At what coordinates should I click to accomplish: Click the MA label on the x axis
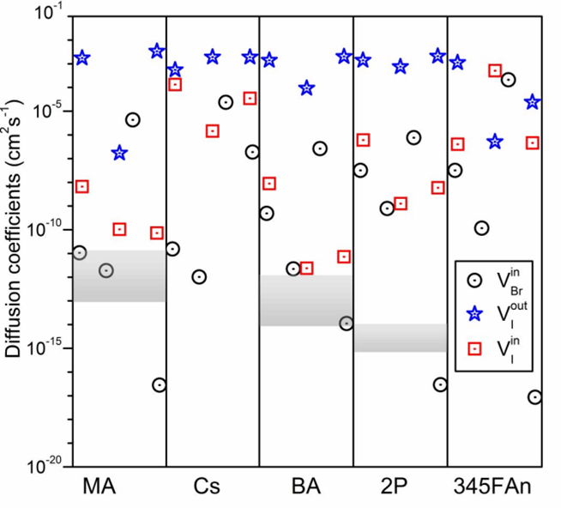pyautogui.click(x=100, y=485)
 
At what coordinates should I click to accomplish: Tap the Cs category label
pyautogui.click(x=206, y=485)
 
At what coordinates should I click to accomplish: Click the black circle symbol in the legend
pyautogui.click(x=469, y=279)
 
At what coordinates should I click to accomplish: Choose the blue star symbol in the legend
pyautogui.click(x=469, y=314)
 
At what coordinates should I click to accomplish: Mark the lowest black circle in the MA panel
pyautogui.click(x=159, y=384)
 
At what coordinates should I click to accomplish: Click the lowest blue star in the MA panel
pyautogui.click(x=120, y=153)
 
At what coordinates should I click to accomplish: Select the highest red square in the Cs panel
pyautogui.click(x=175, y=84)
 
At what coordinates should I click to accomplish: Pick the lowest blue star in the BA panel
pyautogui.click(x=306, y=88)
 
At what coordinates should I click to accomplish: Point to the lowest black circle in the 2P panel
pyautogui.click(x=440, y=384)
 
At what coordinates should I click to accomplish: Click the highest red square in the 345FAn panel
pyautogui.click(x=495, y=70)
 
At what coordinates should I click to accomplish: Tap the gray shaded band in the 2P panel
pyautogui.click(x=400, y=337)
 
